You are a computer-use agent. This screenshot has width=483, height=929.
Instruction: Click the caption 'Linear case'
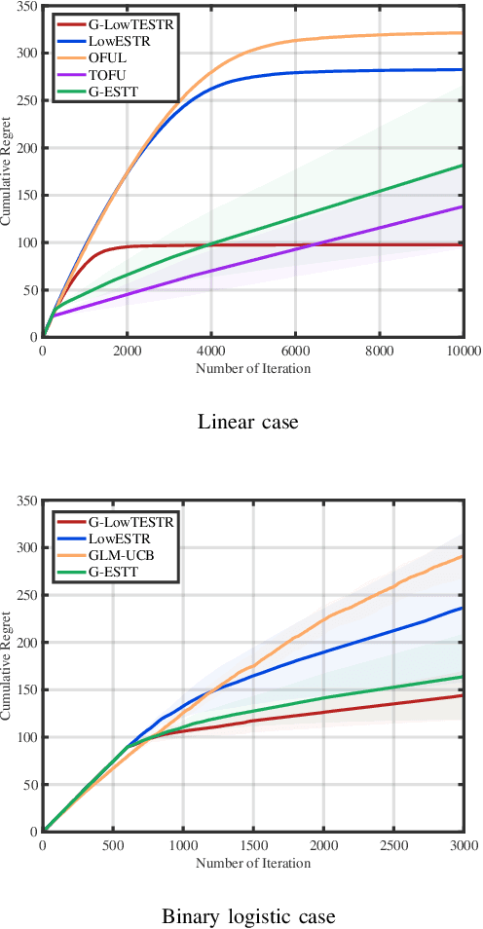pos(247,422)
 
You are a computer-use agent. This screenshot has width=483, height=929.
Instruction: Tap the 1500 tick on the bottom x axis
pos(251,843)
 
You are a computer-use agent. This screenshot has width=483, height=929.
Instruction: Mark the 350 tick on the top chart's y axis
pos(27,7)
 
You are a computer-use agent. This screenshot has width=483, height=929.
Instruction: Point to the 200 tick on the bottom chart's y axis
pos(27,643)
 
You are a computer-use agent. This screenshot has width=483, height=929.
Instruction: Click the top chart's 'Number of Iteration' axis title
pos(252,367)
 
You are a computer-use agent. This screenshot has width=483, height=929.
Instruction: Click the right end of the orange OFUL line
pos(462,33)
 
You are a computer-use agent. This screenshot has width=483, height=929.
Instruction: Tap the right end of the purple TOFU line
pos(462,206)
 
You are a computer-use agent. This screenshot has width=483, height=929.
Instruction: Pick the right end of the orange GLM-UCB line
pos(462,556)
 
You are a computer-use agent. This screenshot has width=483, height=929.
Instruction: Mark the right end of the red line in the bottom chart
pos(462,695)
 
